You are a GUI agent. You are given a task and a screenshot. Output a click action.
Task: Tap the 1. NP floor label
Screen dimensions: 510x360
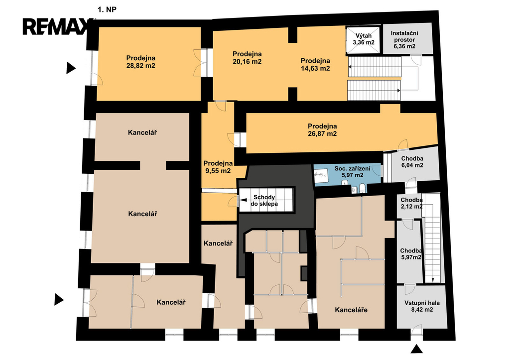[x=107, y=10]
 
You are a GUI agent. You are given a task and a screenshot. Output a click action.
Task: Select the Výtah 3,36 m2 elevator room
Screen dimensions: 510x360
[x=363, y=39]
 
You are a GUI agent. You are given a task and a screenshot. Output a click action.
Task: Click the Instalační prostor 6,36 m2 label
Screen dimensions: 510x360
[x=404, y=40]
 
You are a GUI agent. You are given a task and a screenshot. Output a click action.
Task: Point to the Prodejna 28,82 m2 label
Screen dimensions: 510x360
[x=141, y=62]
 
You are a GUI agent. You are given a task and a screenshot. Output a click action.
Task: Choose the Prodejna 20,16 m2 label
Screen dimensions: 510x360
[x=247, y=58]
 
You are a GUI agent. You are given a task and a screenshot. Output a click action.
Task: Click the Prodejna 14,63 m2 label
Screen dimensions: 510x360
[x=315, y=64]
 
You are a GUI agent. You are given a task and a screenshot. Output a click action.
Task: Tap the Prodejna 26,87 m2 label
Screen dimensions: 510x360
[x=322, y=130]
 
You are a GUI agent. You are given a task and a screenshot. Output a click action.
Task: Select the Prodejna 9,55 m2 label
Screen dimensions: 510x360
[x=218, y=167]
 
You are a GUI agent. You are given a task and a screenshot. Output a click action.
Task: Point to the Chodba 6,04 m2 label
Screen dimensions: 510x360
[x=412, y=162]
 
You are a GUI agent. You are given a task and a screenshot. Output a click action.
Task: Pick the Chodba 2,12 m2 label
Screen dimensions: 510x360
[x=411, y=203]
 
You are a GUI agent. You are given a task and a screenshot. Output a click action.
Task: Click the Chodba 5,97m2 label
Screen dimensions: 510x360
[x=411, y=254]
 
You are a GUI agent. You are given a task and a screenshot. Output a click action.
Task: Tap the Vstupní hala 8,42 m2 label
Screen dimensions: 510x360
[x=422, y=306]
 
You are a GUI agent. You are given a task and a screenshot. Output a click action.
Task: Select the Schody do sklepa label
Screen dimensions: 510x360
[x=264, y=200]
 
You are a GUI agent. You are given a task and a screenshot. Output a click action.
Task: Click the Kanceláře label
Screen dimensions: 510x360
[x=351, y=310]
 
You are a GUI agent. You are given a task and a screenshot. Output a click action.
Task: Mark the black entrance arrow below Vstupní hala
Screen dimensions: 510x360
[x=416, y=349]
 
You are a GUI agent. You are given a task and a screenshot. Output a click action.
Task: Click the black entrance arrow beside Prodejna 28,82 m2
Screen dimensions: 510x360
[x=71, y=68]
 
